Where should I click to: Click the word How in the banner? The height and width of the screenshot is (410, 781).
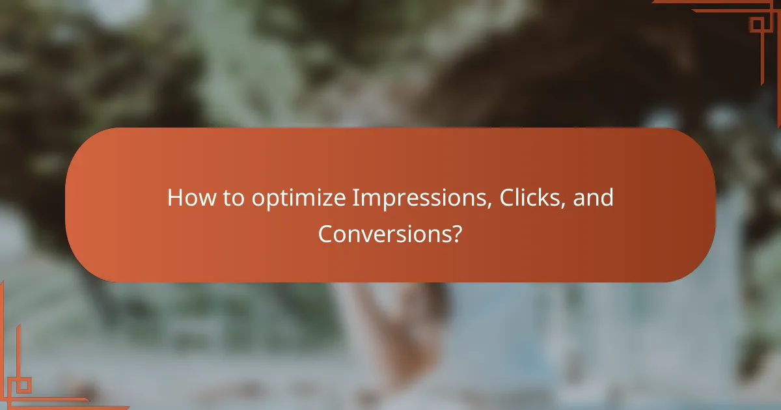click(187, 198)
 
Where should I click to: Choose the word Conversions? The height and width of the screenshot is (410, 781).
click(385, 234)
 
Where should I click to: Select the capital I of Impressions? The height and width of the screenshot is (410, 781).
click(355, 198)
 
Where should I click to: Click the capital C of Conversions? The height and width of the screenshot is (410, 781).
click(325, 234)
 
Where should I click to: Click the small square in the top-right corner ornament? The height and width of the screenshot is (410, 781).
click(756, 25)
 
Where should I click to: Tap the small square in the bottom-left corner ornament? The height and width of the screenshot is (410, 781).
click(24, 385)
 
